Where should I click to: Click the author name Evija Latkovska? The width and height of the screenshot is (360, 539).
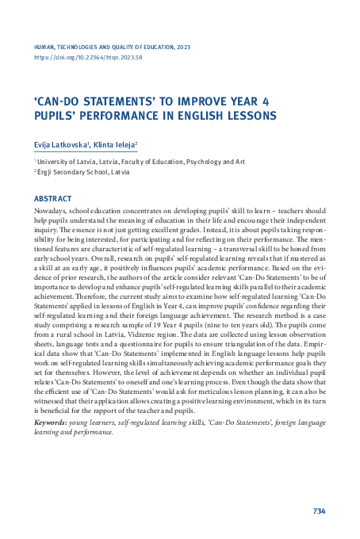[63, 145]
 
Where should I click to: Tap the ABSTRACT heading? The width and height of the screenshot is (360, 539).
[53, 198]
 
